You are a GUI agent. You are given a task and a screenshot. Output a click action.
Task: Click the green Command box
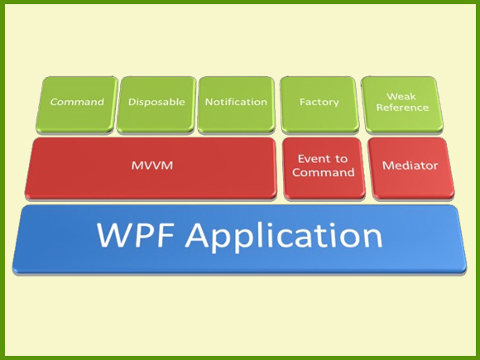pyautogui.click(x=77, y=104)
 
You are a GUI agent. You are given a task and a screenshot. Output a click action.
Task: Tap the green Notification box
pyautogui.click(x=236, y=104)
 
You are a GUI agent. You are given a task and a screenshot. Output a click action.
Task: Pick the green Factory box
pyautogui.click(x=319, y=104)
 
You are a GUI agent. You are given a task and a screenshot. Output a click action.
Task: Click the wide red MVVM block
pyautogui.click(x=151, y=167)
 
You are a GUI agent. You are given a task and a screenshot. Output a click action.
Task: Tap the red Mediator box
pyautogui.click(x=410, y=167)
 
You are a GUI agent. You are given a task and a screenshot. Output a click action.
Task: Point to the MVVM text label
pyautogui.click(x=151, y=166)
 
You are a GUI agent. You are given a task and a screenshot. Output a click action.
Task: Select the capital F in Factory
pyautogui.click(x=302, y=103)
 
